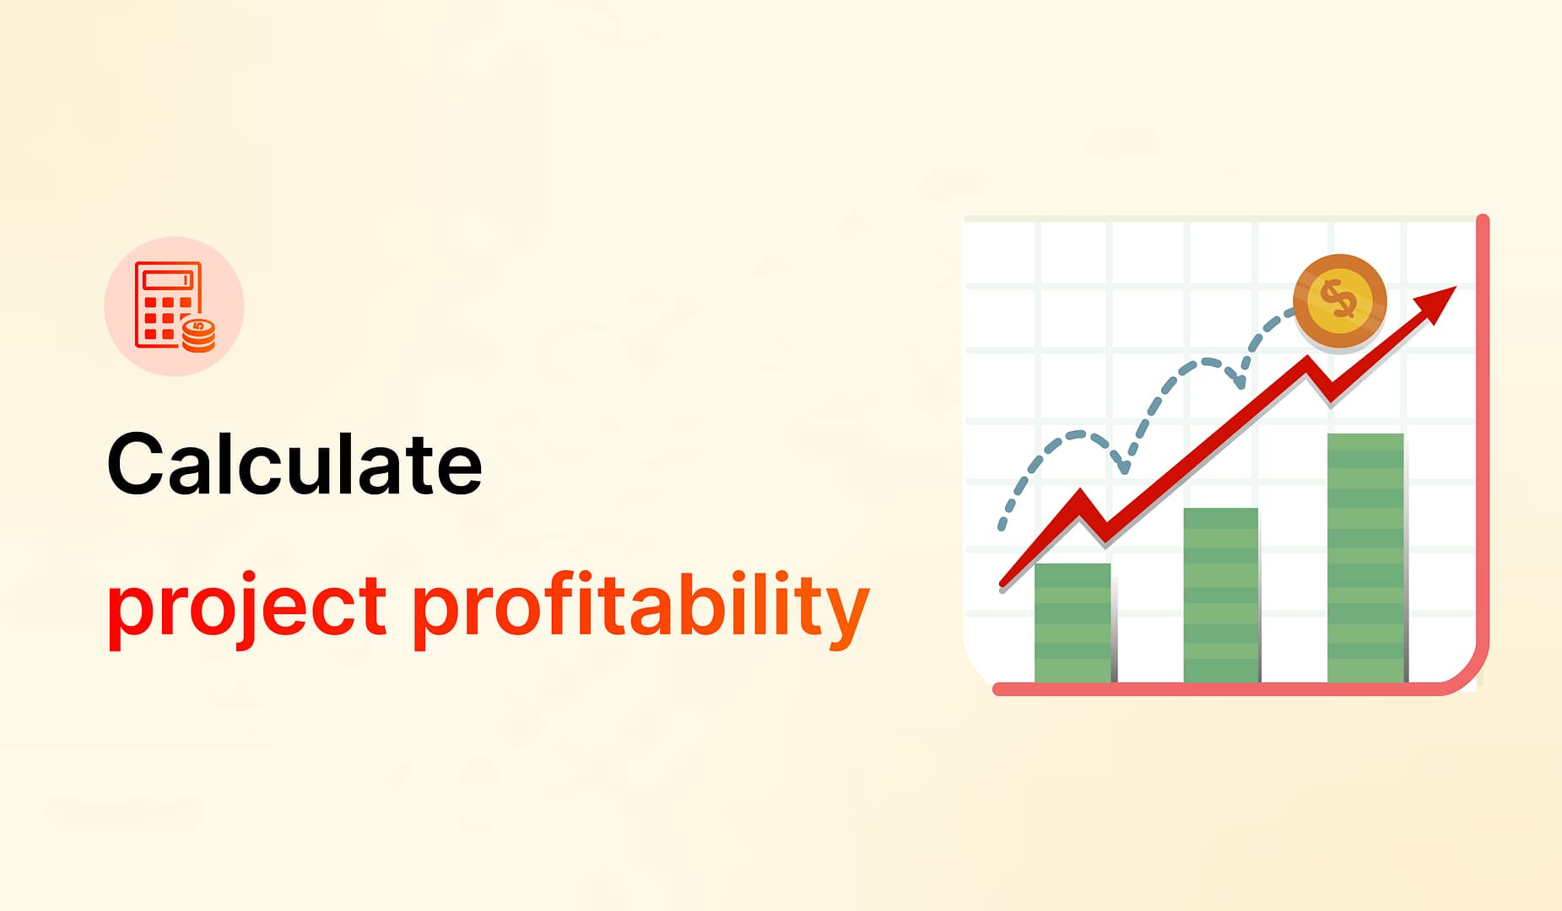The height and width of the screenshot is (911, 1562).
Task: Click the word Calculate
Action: [x=295, y=464]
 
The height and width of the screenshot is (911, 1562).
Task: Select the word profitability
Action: [x=640, y=607]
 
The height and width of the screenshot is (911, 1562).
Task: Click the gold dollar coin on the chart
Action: [x=1340, y=300]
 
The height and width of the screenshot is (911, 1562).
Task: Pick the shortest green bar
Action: [x=1073, y=623]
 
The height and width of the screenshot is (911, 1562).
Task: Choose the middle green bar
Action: [x=1221, y=595]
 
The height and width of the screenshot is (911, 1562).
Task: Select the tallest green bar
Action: [x=1365, y=558]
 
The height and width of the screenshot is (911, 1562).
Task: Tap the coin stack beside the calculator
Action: [x=199, y=335]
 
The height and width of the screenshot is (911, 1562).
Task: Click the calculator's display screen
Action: [x=168, y=279]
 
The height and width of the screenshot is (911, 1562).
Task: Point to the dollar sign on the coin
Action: [x=1338, y=299]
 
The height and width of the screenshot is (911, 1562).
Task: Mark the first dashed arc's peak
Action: [x=1077, y=434]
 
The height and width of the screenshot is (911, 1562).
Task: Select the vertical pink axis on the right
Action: [x=1483, y=439]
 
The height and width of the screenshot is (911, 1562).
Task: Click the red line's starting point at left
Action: [x=1003, y=583]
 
